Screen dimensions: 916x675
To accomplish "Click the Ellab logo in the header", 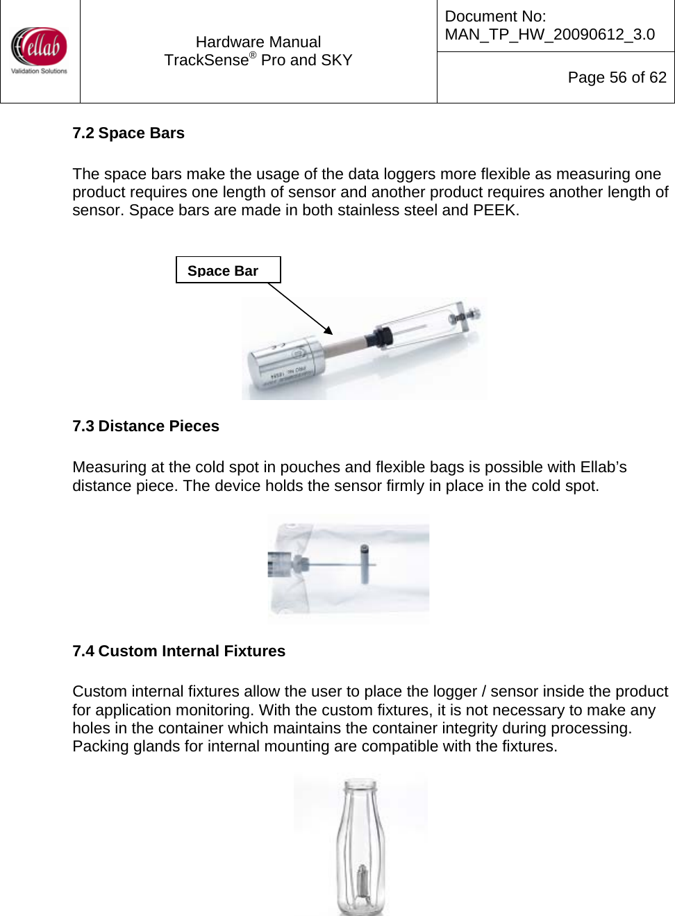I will coord(40,50).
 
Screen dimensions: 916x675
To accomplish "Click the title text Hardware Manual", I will coord(258,42).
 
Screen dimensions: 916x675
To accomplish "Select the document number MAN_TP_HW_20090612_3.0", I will coord(549,34).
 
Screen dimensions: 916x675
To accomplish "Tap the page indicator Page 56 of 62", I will coord(617,77).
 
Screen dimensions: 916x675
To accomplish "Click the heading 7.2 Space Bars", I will coord(128,133).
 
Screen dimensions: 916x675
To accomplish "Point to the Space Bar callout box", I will coord(228,270).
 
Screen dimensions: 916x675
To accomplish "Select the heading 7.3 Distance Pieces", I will coord(146,426).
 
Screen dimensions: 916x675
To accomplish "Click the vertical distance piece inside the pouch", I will coord(365,563).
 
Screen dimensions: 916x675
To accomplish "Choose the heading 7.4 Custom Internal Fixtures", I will coord(179,651).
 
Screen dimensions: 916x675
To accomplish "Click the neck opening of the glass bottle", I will coord(361,785).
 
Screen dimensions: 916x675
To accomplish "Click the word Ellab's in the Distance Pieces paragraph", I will coord(603,467).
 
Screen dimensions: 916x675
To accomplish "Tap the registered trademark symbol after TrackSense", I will coord(253,56).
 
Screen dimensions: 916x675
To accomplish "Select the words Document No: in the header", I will coord(495,16).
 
